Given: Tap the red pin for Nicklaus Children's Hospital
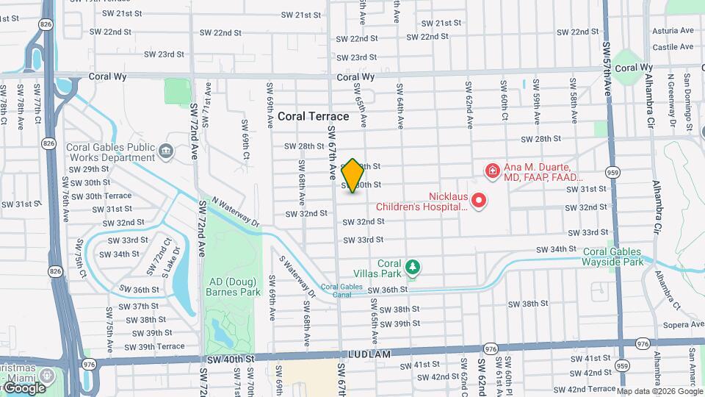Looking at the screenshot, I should tap(479, 199).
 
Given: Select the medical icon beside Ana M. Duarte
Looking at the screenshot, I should tap(491, 171).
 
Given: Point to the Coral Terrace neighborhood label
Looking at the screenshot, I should tap(313, 116).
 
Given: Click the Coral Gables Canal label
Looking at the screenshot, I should tap(341, 290).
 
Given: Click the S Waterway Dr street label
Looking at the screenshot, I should tap(297, 276).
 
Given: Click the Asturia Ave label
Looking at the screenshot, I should tap(672, 31).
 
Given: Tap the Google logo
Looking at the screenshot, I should tap(24, 387).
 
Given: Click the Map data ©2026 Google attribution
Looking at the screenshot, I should tap(660, 391).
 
